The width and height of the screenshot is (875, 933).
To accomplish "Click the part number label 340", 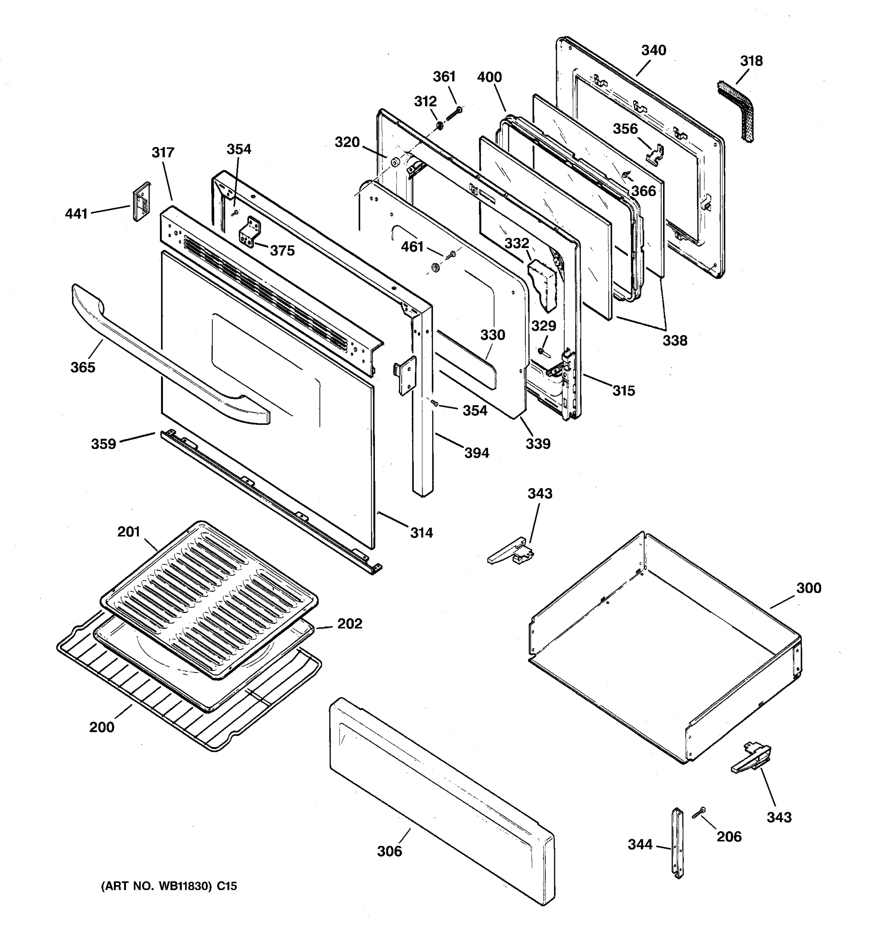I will click(x=653, y=50).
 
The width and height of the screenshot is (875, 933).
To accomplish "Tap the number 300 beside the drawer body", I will click(x=808, y=588).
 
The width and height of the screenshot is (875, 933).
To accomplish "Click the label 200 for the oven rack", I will click(x=102, y=727).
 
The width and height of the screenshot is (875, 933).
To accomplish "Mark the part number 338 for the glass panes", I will click(x=675, y=340).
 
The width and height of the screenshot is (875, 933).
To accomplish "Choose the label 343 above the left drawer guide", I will click(x=540, y=493).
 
